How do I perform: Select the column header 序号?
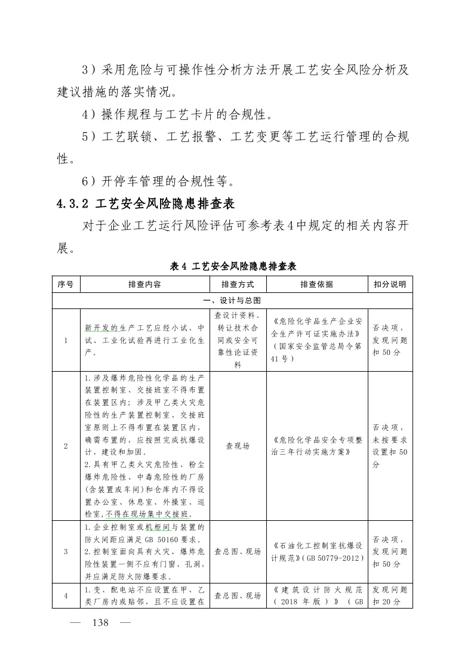tap(66, 285)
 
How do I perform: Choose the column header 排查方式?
tap(238, 285)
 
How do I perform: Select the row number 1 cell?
tap(66, 340)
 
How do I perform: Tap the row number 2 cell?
tap(66, 446)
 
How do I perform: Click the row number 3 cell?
tap(66, 552)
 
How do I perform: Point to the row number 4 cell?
tap(66, 595)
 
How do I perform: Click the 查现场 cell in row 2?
tap(238, 446)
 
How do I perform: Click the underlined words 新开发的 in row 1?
tap(101, 328)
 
